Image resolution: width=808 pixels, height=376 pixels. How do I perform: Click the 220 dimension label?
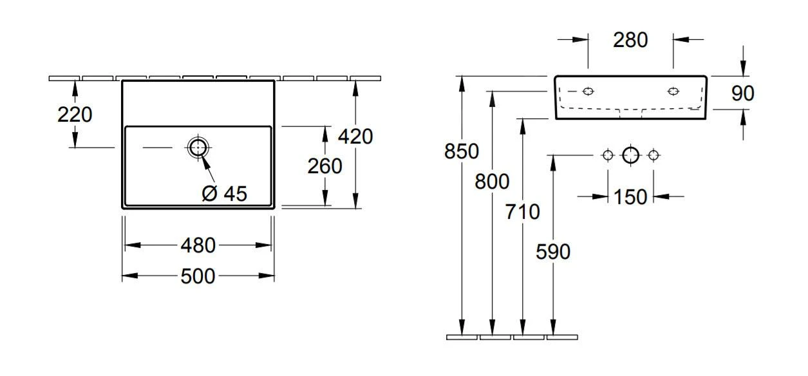[75, 115]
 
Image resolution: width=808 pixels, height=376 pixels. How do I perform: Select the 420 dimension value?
[355, 136]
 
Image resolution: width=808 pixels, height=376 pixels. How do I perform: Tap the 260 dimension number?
[324, 166]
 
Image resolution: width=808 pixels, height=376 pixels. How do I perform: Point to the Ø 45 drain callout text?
[224, 194]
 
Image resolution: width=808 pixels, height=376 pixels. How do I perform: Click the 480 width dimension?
[198, 246]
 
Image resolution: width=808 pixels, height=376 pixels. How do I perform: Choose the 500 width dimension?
[198, 276]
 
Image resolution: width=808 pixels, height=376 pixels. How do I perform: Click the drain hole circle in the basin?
[198, 147]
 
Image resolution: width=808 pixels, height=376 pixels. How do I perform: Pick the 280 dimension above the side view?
[630, 40]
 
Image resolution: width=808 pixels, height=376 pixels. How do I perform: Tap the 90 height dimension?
[743, 93]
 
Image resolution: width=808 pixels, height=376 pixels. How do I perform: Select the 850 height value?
[462, 151]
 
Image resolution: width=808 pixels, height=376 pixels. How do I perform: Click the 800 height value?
[492, 182]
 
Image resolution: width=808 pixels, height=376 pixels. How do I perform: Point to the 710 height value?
[522, 212]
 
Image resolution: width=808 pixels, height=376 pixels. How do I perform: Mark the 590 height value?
[553, 252]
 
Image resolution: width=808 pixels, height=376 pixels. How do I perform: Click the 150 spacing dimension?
[630, 198]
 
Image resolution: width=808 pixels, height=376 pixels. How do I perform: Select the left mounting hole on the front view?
[588, 91]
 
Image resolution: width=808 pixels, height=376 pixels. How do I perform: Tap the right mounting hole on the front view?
[673, 91]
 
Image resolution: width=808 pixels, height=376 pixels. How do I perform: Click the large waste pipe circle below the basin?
[630, 156]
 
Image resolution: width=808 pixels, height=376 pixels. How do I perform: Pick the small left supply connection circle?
[608, 156]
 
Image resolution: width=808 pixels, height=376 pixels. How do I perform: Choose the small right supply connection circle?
[653, 156]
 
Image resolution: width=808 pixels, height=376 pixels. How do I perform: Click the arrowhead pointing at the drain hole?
[205, 162]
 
